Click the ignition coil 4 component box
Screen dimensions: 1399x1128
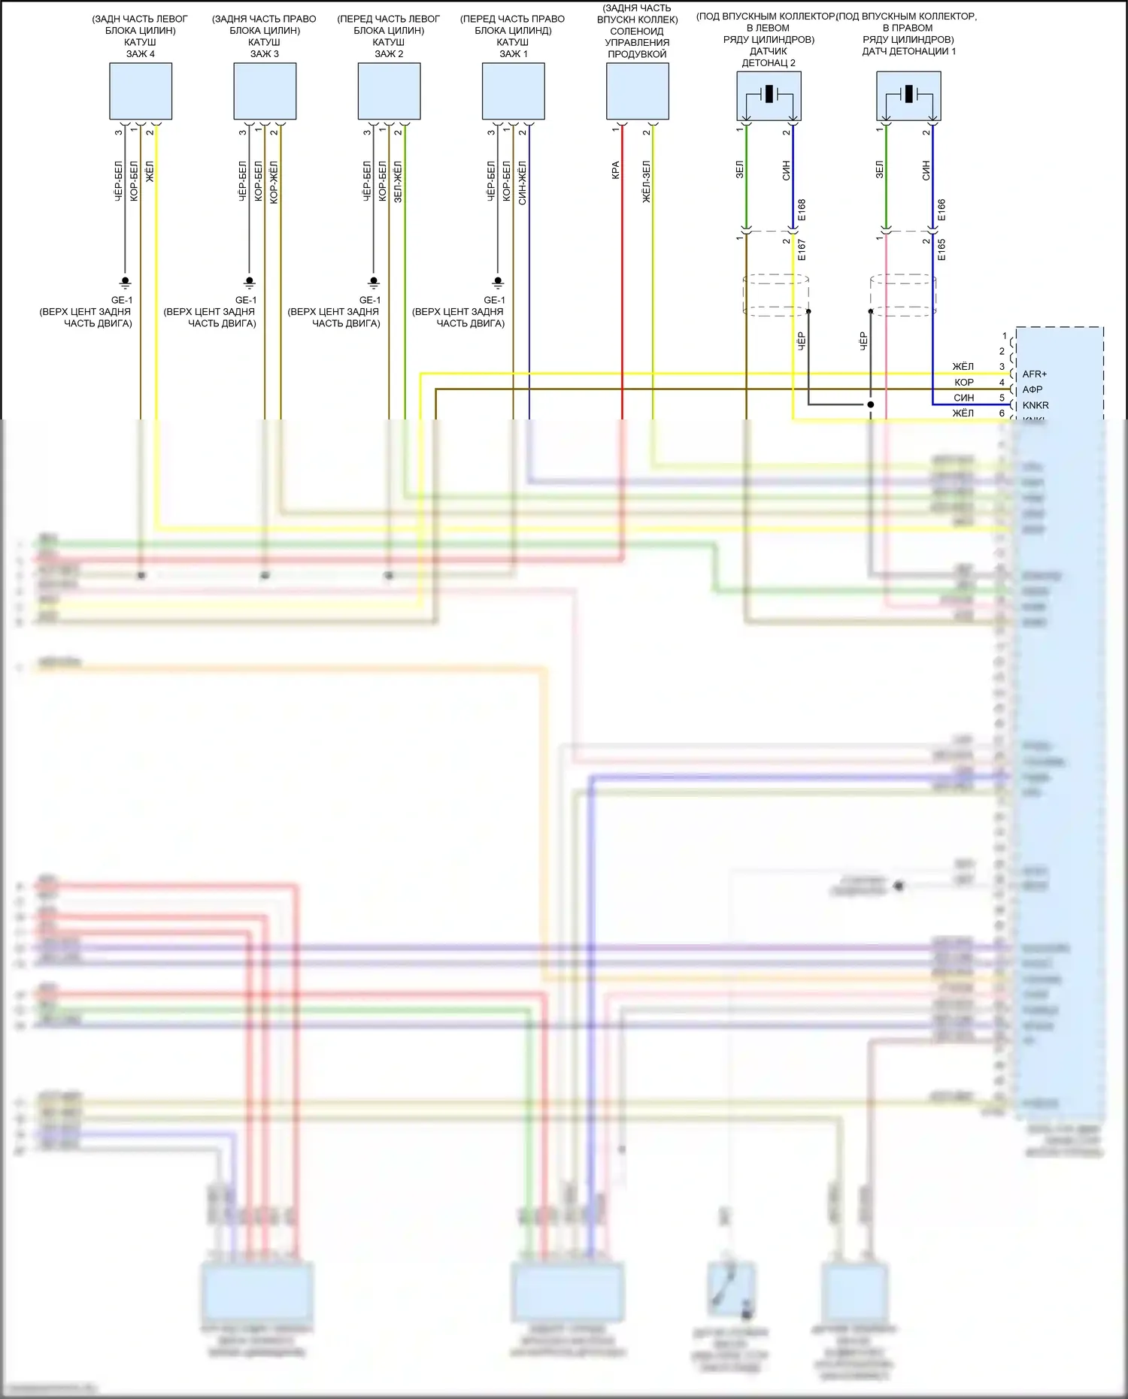(x=141, y=91)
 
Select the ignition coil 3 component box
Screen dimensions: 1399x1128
(x=265, y=91)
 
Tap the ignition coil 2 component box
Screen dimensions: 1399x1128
(x=389, y=91)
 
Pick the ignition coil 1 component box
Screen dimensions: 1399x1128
(x=513, y=91)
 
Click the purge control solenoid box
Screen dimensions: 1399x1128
(x=638, y=91)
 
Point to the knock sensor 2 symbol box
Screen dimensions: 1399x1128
(x=769, y=95)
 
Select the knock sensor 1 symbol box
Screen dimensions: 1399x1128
(x=908, y=95)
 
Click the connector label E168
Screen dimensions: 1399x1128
(x=802, y=210)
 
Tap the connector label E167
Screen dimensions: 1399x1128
(x=802, y=250)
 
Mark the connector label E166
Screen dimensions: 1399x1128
(x=942, y=210)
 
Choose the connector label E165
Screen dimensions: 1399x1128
(x=942, y=250)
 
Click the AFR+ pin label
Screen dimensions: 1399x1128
(x=1034, y=374)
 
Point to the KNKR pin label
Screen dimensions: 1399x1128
(x=1036, y=405)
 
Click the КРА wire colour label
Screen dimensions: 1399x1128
(x=616, y=171)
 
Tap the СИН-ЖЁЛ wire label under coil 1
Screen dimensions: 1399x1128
(x=523, y=183)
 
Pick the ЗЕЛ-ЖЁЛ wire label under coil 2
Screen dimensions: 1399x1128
(x=399, y=182)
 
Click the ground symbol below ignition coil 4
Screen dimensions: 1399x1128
(x=126, y=283)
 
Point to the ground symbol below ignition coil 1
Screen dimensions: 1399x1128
(x=498, y=283)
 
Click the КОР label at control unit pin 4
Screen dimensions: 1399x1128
(x=964, y=383)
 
